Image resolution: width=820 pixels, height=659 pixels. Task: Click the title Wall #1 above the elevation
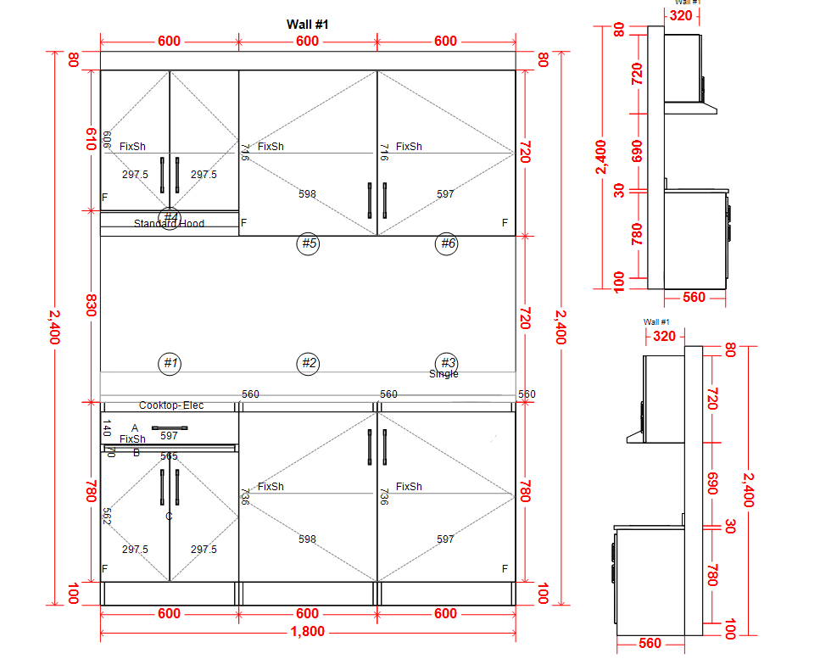(x=307, y=25)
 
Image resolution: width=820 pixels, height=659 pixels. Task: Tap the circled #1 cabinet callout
(x=170, y=363)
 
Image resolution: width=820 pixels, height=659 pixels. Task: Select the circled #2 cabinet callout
(x=308, y=363)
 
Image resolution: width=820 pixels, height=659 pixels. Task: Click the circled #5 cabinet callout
(x=308, y=244)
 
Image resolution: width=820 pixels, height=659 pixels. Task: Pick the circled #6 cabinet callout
(x=446, y=244)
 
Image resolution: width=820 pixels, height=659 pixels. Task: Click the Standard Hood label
(x=169, y=224)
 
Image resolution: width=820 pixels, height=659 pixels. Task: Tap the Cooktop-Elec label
(x=171, y=405)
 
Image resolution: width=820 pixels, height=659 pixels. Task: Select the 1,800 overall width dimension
(x=307, y=632)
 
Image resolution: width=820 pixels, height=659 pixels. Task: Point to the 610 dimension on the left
(x=89, y=140)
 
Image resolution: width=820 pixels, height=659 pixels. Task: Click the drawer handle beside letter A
(x=170, y=428)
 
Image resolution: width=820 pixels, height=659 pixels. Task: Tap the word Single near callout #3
(x=443, y=374)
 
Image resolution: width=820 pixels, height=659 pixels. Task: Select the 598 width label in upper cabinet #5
(x=307, y=194)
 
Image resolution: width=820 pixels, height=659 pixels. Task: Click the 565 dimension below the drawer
(x=170, y=456)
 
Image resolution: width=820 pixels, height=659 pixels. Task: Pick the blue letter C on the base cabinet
(x=169, y=516)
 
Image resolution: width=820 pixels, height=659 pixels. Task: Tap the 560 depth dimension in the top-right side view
(x=694, y=297)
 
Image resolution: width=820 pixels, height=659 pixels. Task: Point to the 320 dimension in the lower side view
(x=665, y=336)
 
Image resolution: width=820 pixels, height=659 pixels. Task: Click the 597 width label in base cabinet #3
(x=445, y=539)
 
